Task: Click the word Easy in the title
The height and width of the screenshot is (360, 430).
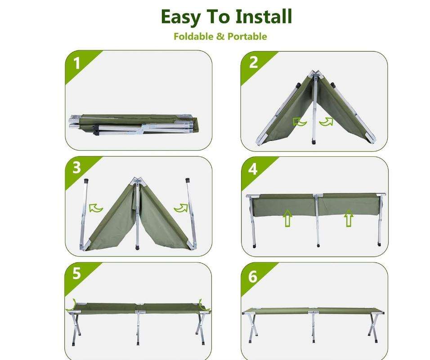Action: click(180, 17)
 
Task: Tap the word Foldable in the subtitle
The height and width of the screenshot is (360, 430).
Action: click(193, 36)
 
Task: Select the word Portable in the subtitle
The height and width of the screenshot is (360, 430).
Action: click(247, 36)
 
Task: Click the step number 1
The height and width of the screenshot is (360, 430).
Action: click(76, 63)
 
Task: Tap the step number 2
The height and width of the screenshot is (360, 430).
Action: click(253, 62)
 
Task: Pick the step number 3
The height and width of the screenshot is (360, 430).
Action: click(76, 168)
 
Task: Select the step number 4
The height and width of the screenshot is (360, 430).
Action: click(253, 169)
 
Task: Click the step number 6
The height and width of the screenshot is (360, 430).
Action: click(253, 276)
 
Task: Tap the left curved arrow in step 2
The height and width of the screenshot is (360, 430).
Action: click(299, 121)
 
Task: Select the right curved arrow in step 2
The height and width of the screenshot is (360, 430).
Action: click(327, 121)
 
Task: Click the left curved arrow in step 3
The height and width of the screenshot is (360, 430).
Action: click(96, 208)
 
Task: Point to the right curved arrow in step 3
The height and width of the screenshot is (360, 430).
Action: click(181, 208)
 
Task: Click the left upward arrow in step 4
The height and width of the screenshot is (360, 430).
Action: click(287, 218)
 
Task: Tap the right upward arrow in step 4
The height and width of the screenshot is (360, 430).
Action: click(349, 218)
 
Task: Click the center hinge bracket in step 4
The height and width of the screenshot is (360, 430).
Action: click(318, 196)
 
